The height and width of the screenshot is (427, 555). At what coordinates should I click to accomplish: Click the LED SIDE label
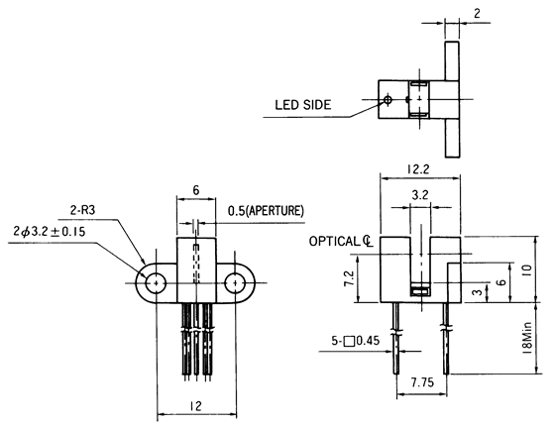303,104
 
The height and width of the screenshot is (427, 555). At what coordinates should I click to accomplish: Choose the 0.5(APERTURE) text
266,211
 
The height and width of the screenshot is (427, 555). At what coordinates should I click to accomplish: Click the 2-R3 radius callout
83,210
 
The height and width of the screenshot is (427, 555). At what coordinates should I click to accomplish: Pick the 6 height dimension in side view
500,282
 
